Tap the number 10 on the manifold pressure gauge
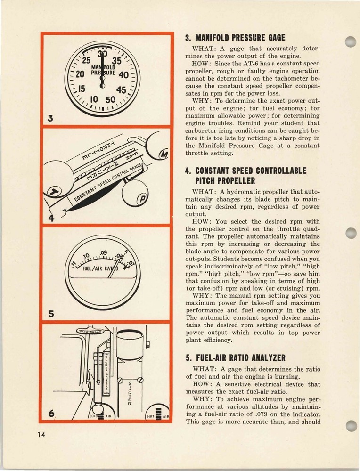point(94,100)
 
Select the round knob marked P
point(139,199)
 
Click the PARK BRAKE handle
point(91,332)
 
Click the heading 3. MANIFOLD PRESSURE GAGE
point(235,37)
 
